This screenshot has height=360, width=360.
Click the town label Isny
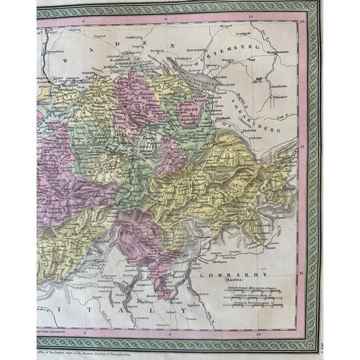pos(251,58)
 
